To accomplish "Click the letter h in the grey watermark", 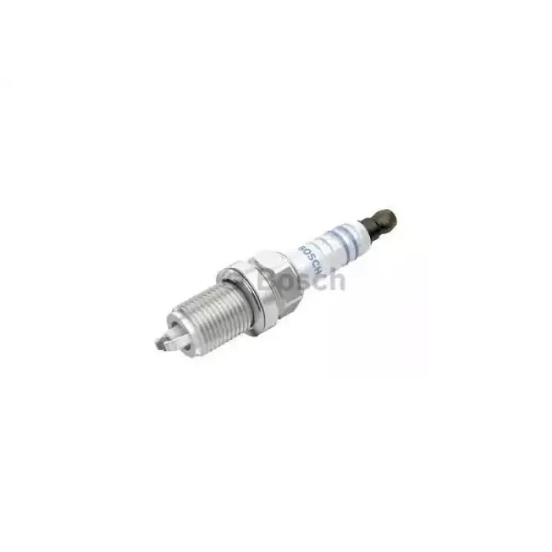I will [x=336, y=278].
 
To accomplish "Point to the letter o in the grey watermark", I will [x=287, y=280].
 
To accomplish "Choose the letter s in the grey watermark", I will [x=304, y=281].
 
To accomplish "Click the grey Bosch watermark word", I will [x=304, y=279].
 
